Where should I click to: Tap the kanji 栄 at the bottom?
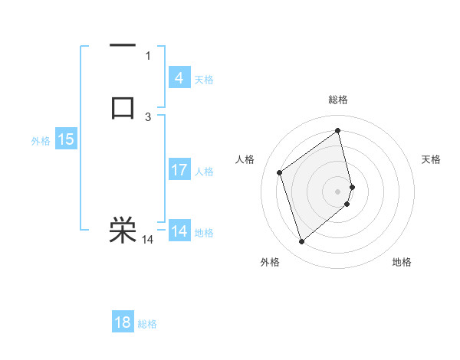coord(123,230)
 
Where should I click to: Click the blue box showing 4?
coord(179,77)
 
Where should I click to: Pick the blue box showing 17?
coord(179,170)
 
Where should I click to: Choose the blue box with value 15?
coord(66,139)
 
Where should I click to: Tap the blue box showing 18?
coord(123,322)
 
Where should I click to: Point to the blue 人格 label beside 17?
coord(205,172)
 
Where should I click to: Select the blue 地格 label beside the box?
coord(204,233)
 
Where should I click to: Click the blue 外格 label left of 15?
coord(41,141)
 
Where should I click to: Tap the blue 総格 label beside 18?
coord(147,324)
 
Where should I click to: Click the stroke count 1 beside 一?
coord(148,55)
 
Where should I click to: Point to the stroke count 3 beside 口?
coord(148,116)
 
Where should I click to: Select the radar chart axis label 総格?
coord(338,100)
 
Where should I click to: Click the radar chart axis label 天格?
coord(432,159)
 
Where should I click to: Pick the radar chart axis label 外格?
coord(270,262)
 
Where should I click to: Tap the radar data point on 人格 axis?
coord(280,172)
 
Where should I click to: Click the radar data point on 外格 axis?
coord(301,242)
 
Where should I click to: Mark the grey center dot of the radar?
coord(338,191)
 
